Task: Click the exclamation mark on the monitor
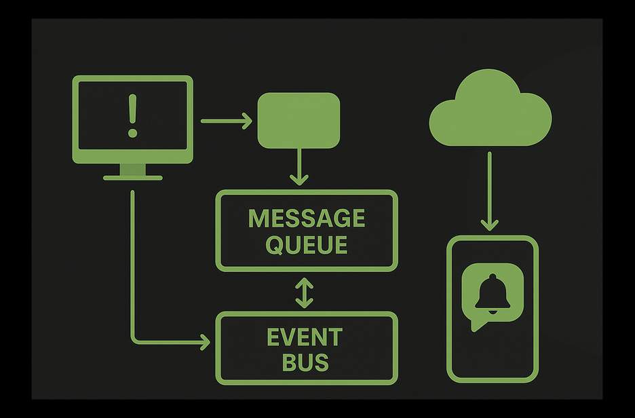(132, 117)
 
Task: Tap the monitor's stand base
(133, 178)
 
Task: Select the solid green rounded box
(299, 120)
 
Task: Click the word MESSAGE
(307, 218)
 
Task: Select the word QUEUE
(307, 244)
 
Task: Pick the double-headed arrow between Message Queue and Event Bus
(304, 292)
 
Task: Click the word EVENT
(305, 337)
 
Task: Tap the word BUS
(305, 362)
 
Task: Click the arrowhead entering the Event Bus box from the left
(204, 343)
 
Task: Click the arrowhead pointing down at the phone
(489, 225)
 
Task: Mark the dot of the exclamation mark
(132, 134)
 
